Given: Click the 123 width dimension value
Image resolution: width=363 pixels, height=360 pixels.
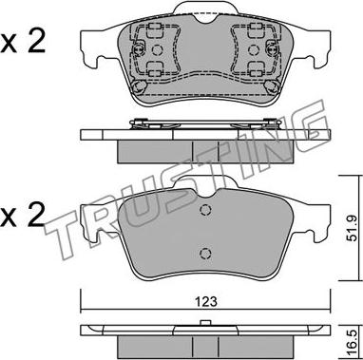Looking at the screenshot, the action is click(205, 301).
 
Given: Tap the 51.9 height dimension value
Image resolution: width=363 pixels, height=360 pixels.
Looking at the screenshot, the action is click(352, 228).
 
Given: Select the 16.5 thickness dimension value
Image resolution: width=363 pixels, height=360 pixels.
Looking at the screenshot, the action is click(352, 340).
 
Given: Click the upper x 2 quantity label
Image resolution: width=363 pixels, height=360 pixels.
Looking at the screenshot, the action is click(23, 41).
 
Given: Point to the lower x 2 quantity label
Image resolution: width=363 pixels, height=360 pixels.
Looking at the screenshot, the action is click(22, 216).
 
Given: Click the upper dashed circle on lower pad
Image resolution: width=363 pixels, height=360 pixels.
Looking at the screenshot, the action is click(205, 210).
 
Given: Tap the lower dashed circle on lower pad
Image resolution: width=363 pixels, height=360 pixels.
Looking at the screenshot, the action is click(205, 253).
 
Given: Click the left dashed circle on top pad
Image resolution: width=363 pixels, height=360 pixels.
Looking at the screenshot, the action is click(157, 49).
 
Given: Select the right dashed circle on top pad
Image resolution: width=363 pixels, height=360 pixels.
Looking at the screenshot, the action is click(253, 49).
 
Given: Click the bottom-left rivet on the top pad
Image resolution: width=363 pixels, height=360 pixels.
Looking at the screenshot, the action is click(139, 86).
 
